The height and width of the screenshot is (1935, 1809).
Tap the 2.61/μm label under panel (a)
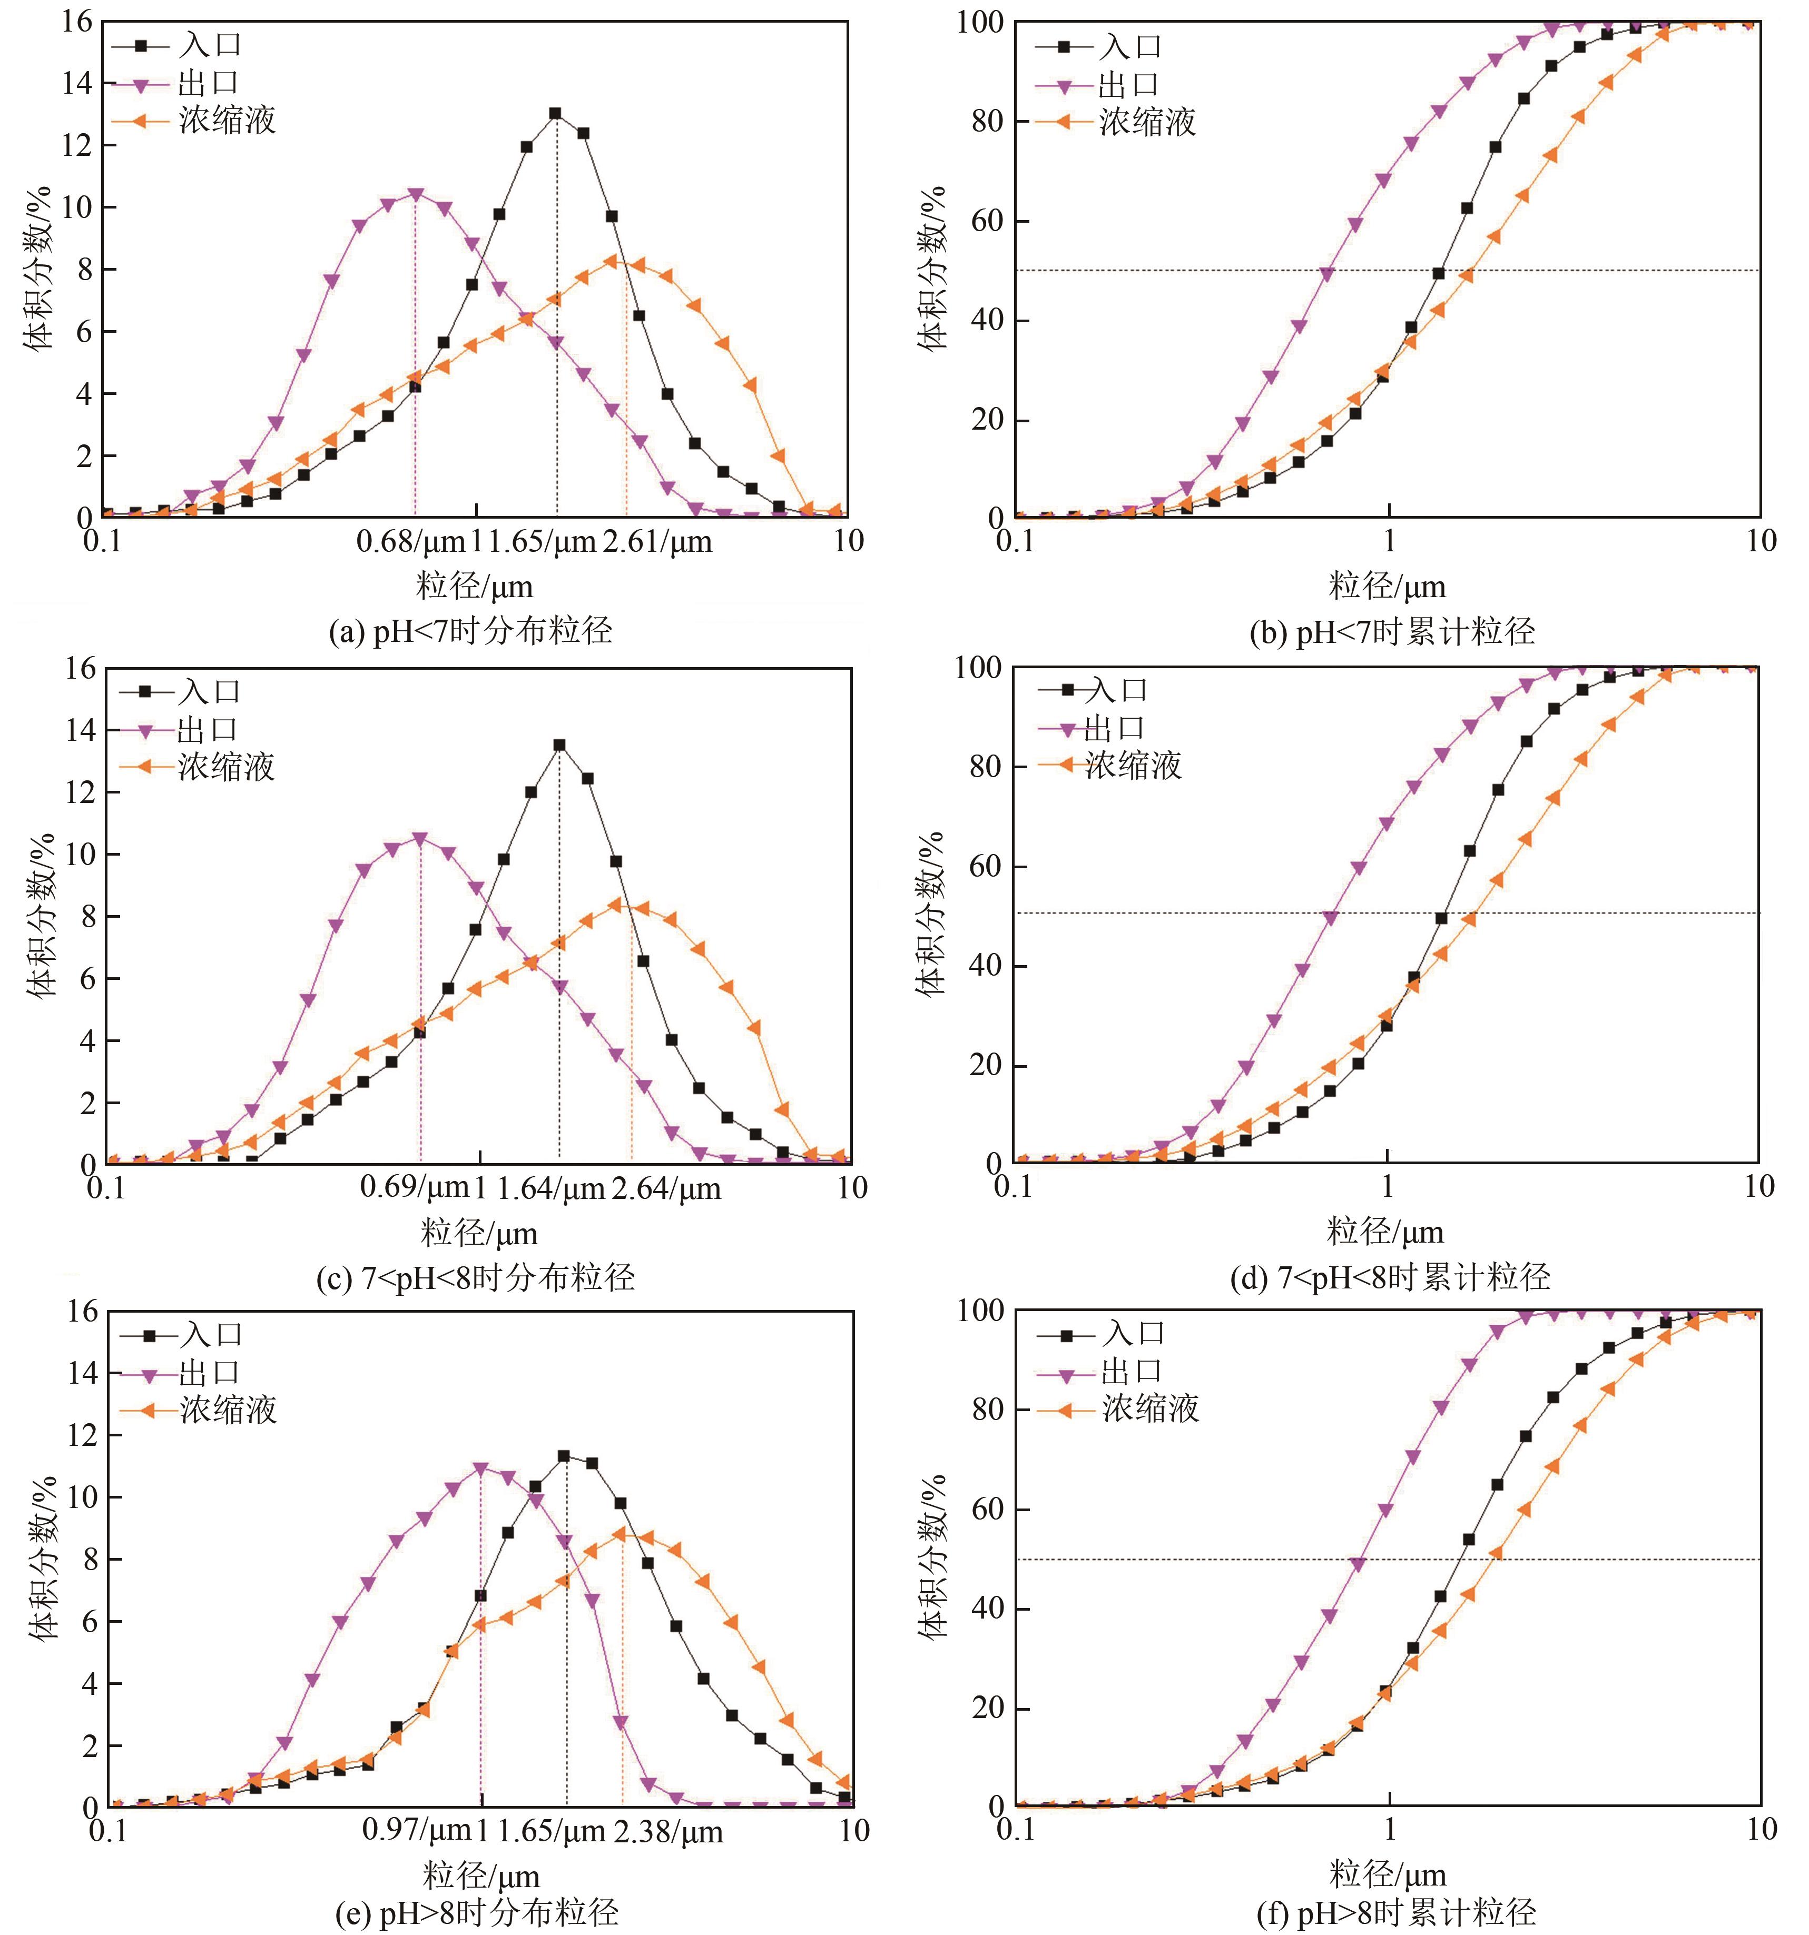click(x=657, y=542)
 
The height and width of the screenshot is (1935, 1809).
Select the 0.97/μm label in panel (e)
click(x=417, y=1831)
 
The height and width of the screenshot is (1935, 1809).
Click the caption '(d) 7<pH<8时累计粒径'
click(x=1389, y=1277)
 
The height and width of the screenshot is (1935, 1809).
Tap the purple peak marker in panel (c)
click(x=420, y=838)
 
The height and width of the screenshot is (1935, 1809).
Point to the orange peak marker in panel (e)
click(x=619, y=1534)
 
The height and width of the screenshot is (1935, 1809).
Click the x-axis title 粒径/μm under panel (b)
click(x=1388, y=587)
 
